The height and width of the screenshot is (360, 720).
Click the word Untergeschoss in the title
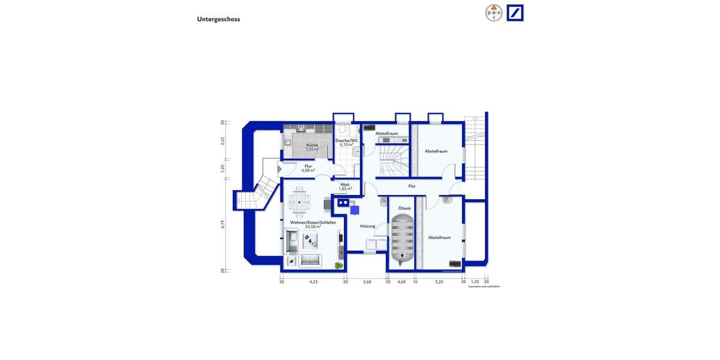pos(218,19)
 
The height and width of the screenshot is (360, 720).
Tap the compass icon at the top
pos(494,13)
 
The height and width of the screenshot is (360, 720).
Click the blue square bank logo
pos(515,13)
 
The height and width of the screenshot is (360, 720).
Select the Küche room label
pos(312,145)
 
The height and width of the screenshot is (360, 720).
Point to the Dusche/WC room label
pos(347,140)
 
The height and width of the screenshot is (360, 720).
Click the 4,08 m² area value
pos(308,170)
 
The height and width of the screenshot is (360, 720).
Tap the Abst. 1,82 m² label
pos(345,187)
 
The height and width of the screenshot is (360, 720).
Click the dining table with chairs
pos(299,200)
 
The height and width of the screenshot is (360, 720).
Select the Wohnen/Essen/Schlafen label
pos(313,223)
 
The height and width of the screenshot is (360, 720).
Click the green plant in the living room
pos(339,265)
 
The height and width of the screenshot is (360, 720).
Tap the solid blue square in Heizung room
pos(355,210)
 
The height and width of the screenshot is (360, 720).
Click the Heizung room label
pos(367,226)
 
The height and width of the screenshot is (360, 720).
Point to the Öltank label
pos(404,208)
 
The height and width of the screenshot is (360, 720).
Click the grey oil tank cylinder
pos(401,240)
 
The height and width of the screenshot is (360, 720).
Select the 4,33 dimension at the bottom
pos(313,281)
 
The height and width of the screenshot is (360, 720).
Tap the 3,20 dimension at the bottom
pos(439,281)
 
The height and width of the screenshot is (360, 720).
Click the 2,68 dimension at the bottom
pos(367,281)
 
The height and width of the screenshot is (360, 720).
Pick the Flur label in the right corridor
pos(412,186)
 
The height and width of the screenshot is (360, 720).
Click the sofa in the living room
pos(310,260)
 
